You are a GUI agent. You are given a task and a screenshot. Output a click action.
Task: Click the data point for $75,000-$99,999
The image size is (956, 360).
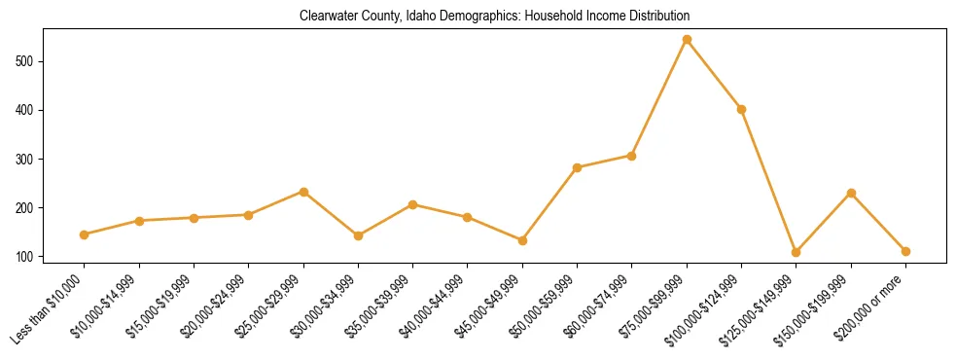[x=687, y=40]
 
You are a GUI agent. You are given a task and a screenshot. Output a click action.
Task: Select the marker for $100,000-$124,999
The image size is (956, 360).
[x=741, y=109]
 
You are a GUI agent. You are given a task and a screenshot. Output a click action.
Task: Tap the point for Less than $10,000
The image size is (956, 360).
[x=85, y=234]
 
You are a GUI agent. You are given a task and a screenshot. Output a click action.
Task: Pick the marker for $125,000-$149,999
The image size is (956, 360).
[x=797, y=252]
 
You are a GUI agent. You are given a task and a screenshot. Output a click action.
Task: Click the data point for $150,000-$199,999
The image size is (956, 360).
[x=851, y=194]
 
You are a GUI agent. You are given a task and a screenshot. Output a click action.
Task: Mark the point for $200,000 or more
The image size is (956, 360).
[x=905, y=251]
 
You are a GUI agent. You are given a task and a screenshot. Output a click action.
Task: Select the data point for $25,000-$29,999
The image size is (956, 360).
[x=303, y=192]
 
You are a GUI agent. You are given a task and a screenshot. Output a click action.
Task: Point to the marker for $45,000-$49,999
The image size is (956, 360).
[x=522, y=240]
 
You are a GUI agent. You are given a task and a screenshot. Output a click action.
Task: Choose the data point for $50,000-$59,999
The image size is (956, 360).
[x=578, y=167]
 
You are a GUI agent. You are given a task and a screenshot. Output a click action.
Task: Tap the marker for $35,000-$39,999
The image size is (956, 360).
[x=413, y=204]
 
